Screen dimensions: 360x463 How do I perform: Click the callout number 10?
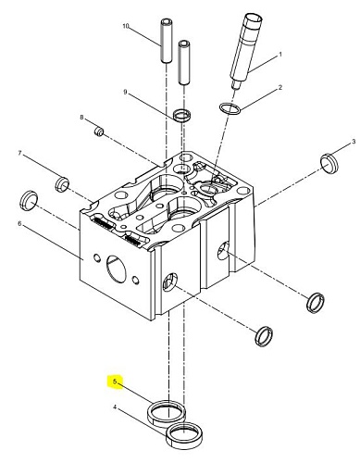point(125,26)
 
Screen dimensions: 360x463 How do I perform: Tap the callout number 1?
point(280,55)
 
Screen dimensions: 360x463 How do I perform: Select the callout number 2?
point(280,88)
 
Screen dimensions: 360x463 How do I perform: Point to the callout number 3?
point(354,142)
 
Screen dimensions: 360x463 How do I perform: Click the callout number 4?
point(115,407)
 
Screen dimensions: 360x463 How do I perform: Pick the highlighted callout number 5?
point(115,382)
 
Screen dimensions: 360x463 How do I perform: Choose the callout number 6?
point(20,223)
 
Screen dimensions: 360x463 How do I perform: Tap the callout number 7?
point(20,153)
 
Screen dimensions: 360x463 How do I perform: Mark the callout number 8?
point(81,118)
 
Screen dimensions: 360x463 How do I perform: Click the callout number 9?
point(125,92)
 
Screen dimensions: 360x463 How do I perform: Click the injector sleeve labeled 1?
point(245,51)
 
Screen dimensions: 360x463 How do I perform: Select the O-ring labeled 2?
point(230,109)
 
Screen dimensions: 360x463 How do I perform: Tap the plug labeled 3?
point(329,163)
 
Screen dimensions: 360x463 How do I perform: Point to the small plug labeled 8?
point(99,131)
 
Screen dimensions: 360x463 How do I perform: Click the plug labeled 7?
point(62,184)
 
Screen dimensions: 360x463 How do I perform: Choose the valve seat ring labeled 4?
point(184,434)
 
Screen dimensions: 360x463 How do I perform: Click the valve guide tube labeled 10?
point(167,41)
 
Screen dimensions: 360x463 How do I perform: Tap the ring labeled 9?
point(181,116)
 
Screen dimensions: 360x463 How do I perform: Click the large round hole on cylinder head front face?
point(117,269)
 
